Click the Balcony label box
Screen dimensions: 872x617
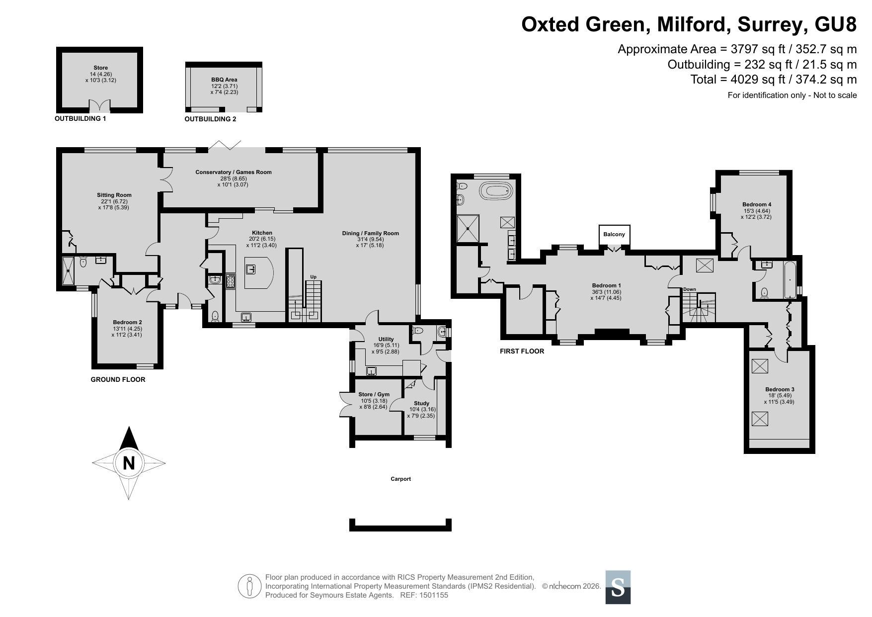point(614,235)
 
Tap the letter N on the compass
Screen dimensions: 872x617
point(129,463)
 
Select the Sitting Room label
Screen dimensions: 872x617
point(114,195)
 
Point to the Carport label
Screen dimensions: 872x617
point(400,479)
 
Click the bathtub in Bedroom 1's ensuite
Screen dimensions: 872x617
point(495,190)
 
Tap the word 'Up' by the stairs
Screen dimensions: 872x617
point(313,277)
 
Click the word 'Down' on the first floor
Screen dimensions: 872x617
point(689,289)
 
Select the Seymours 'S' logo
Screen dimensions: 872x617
point(618,587)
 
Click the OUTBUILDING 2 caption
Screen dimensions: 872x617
point(210,119)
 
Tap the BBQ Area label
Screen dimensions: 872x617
point(224,80)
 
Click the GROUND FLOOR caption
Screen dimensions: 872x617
point(118,379)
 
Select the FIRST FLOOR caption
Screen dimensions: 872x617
point(522,351)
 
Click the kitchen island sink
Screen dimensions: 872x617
point(250,269)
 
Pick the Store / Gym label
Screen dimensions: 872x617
point(374,394)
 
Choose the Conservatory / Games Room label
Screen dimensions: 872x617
point(234,172)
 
